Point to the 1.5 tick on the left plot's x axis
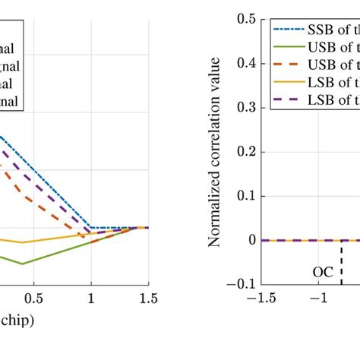pos(148,299)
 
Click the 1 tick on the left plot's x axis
pos(91,299)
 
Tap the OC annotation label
pos(323,270)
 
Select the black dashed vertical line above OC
pos(342,261)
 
